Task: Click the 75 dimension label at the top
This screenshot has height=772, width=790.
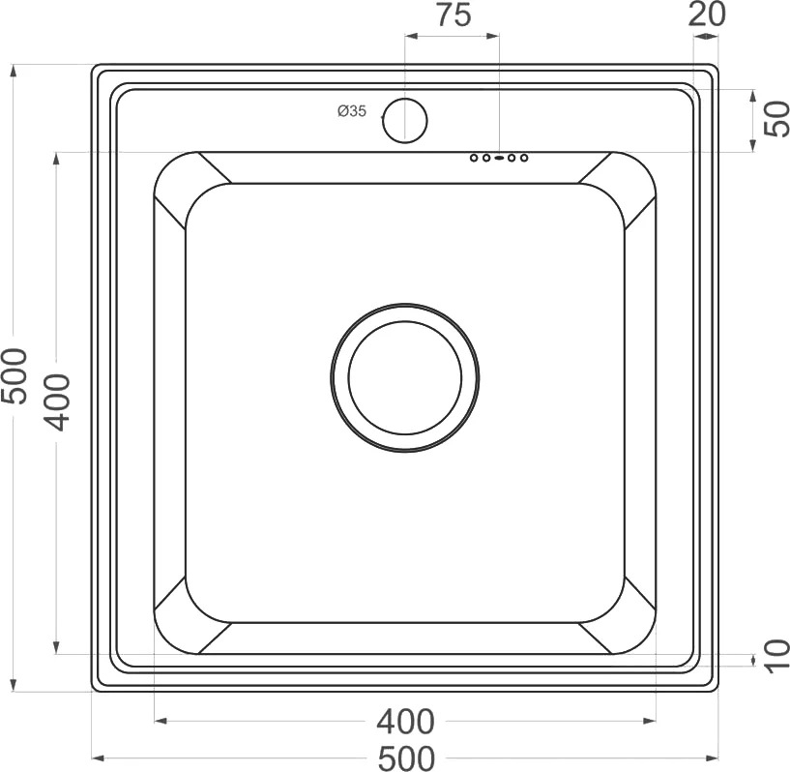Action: point(454,15)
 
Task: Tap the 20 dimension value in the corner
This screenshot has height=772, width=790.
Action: point(707,15)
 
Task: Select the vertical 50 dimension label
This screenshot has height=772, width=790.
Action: point(776,119)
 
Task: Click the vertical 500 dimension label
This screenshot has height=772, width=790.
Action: point(14,376)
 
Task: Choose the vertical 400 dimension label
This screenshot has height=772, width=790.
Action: point(54,402)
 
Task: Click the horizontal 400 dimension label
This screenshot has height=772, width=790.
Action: point(405,722)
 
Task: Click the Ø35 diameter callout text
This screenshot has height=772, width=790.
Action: point(352,111)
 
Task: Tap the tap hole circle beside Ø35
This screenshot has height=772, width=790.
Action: point(405,121)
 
